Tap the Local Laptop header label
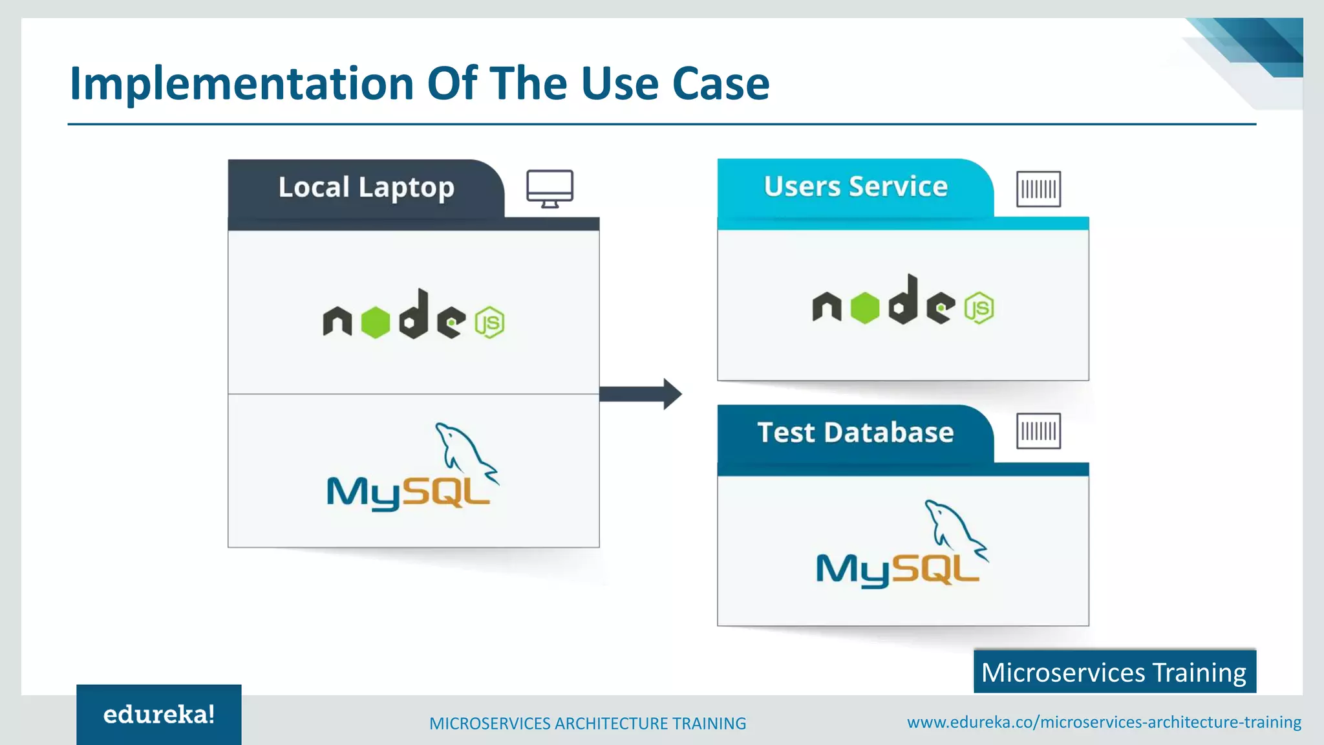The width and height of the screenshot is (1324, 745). click(x=366, y=188)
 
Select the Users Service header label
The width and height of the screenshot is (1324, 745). click(x=855, y=187)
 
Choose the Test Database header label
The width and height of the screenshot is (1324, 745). click(x=855, y=433)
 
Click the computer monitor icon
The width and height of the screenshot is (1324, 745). click(x=550, y=188)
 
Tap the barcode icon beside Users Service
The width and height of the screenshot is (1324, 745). click(x=1038, y=189)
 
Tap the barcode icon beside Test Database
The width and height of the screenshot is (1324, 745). click(x=1038, y=431)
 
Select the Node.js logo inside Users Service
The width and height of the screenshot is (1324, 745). click(x=902, y=301)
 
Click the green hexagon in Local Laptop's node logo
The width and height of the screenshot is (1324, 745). click(x=376, y=322)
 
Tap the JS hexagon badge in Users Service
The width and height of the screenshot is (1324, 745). click(x=979, y=308)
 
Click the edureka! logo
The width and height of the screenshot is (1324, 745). click(x=159, y=715)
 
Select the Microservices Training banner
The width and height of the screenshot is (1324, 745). click(x=1114, y=673)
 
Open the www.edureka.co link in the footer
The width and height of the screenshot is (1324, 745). click(x=1104, y=722)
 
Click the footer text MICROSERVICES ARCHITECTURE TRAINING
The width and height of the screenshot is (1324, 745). click(x=587, y=724)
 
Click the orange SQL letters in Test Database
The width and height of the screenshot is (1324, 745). click(x=937, y=569)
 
